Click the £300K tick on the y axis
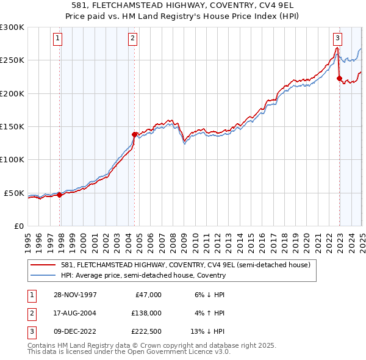12,27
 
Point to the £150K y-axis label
12,126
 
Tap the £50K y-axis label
14,193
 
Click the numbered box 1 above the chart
57,38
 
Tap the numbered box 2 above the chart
132,38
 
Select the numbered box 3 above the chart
337,38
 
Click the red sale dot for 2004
135,134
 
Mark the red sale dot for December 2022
339,78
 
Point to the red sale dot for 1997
60,195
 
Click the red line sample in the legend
44,265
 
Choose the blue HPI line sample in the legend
44,275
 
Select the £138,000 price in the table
147,313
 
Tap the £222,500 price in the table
147,332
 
